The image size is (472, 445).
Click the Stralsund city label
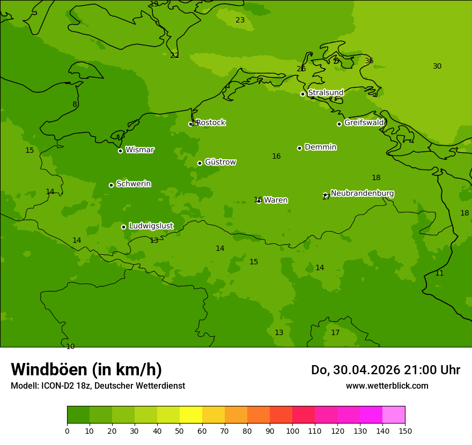pos(326,93)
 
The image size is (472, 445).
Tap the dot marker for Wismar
pos(121,151)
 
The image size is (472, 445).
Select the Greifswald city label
pos(364,123)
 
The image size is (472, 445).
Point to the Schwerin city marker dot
pos(112,185)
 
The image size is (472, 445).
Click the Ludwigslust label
pos(151,226)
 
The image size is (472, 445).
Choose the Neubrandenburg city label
pos(362,193)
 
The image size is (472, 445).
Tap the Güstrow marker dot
pos(200,163)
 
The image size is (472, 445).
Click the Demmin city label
pos(320,147)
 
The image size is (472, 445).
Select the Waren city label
pos(276,200)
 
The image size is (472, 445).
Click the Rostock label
pos(210,123)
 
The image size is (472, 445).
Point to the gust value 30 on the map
pos(437,66)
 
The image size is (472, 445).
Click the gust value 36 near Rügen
pos(369,61)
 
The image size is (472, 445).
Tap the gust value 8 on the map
pos(75,105)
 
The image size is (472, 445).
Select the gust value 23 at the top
pos(240,20)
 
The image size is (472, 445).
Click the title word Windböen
pos(48,370)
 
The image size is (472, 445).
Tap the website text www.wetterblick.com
pos(387,386)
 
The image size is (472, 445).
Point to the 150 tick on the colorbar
pos(405,431)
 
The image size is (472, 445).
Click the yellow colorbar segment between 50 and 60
pos(191,415)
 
